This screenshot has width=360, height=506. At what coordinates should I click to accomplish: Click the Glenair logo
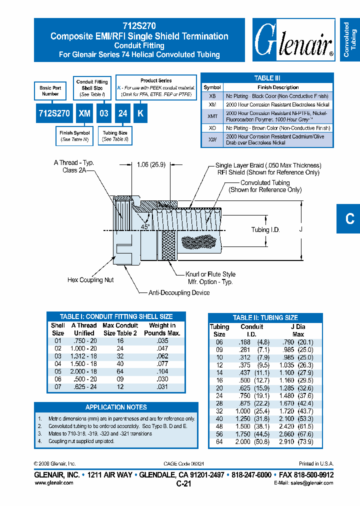pos(293,40)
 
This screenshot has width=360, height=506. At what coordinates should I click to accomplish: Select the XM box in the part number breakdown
pos(84,113)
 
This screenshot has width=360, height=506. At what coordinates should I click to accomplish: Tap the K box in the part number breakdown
pos(140,113)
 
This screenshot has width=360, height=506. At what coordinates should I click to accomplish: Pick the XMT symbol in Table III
pos(212,116)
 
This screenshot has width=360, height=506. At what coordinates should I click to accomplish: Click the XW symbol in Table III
pos(212,139)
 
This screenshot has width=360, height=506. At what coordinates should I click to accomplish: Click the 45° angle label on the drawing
pos(144,226)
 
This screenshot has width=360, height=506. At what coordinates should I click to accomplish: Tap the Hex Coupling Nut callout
pos(90,280)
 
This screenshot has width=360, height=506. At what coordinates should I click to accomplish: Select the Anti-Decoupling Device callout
pos(179,292)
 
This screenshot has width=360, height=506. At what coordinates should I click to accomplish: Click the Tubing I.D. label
pos(265,229)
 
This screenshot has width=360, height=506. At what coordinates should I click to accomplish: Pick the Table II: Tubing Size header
pos(265,317)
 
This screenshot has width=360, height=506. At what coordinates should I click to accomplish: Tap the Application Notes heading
pos(116,407)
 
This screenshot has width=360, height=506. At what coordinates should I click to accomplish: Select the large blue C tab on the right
pos(349,218)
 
